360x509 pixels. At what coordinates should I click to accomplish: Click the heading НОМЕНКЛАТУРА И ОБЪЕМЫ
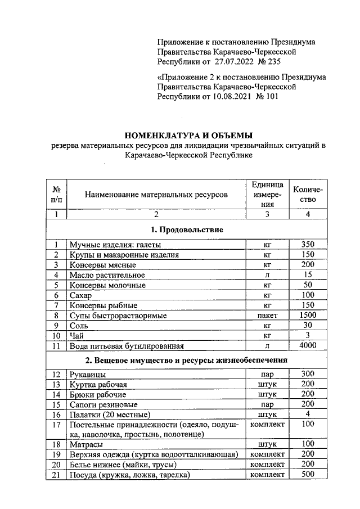188,135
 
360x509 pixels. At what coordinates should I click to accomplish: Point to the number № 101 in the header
268,96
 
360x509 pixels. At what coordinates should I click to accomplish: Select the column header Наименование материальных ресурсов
156,195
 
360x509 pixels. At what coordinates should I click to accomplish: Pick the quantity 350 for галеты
307,244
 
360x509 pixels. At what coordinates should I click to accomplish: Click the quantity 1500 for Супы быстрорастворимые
307,316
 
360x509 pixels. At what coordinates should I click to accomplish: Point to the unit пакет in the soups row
268,316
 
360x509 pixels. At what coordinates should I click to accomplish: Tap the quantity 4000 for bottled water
307,346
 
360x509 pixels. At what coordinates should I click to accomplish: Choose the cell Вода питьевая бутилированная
127,346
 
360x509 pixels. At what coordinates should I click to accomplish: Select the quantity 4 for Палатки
307,414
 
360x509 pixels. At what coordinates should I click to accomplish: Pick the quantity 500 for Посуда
307,475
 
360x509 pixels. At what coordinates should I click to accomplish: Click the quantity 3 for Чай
307,336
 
